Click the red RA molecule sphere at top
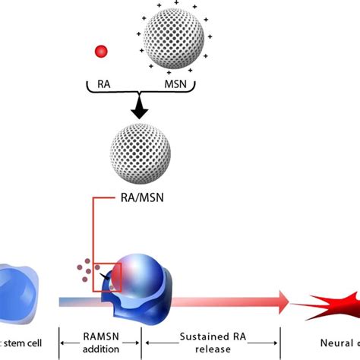(99, 52)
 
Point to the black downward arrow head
(139, 113)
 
